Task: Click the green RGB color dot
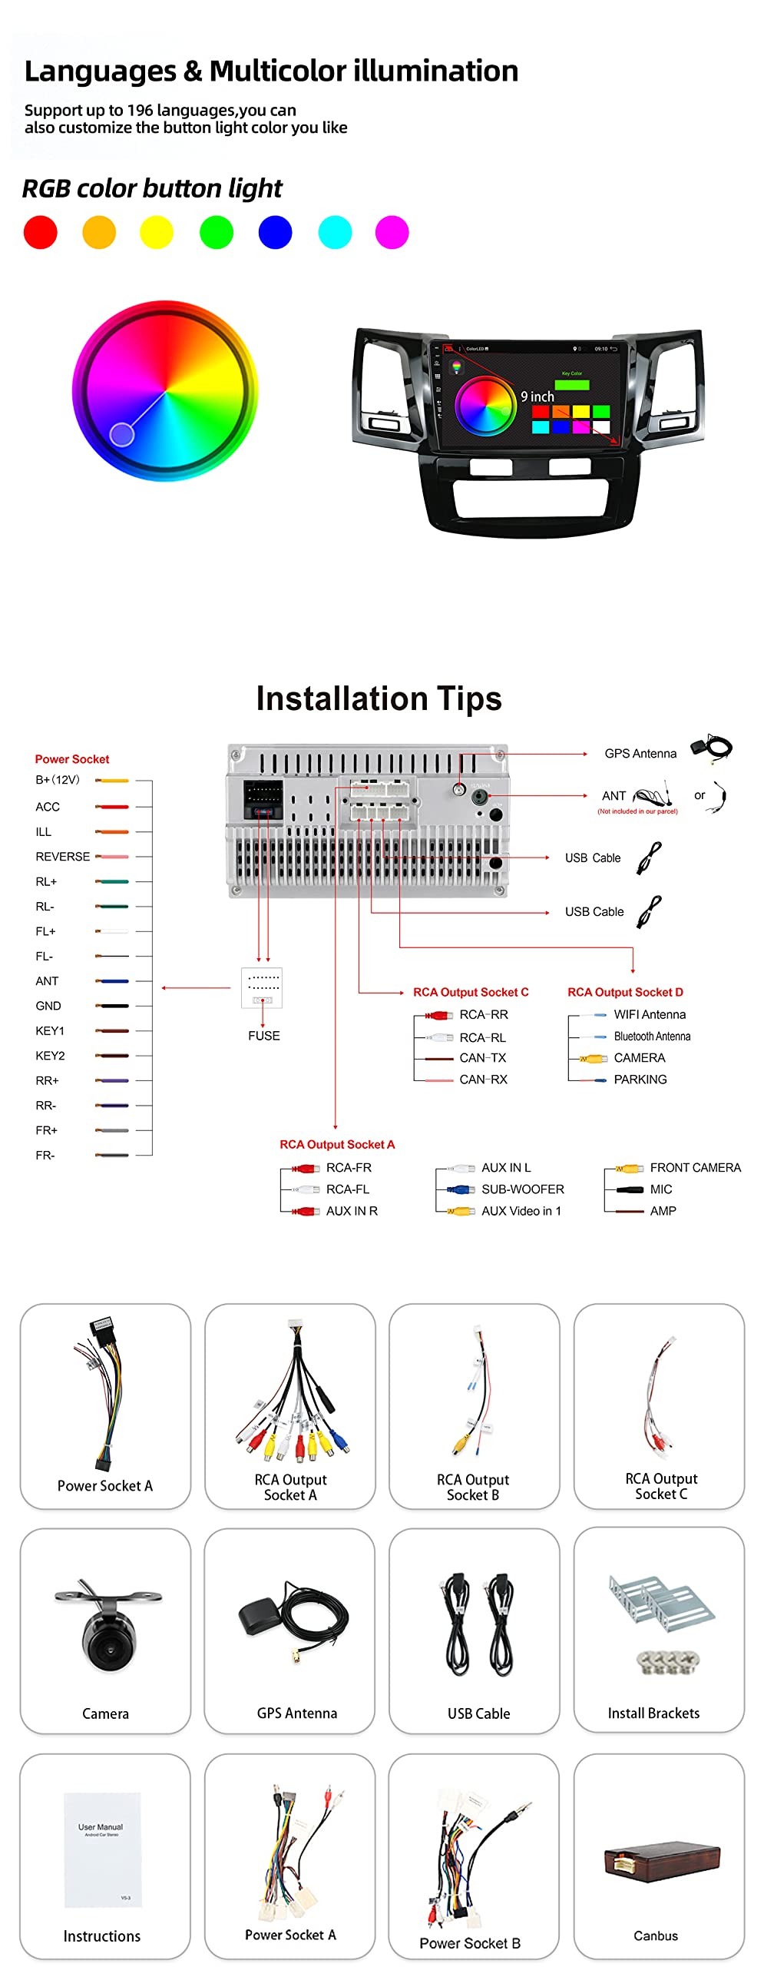[x=217, y=232]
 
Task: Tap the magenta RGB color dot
[x=392, y=232]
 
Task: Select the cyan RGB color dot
[x=335, y=232]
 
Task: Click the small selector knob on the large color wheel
[x=122, y=434]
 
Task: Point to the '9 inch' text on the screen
[x=537, y=396]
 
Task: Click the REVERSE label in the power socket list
[x=63, y=857]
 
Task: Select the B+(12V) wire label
[x=58, y=780]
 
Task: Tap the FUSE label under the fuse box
[x=264, y=1036]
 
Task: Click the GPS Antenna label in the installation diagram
[x=640, y=754]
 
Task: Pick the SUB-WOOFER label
[x=523, y=1189]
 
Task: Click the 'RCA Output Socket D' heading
[x=625, y=992]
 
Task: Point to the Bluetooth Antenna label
[x=652, y=1037]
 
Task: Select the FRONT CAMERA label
[x=695, y=1168]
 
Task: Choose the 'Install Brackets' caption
[x=653, y=1713]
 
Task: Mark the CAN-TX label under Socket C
[x=483, y=1058]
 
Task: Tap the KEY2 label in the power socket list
[x=50, y=1056]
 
